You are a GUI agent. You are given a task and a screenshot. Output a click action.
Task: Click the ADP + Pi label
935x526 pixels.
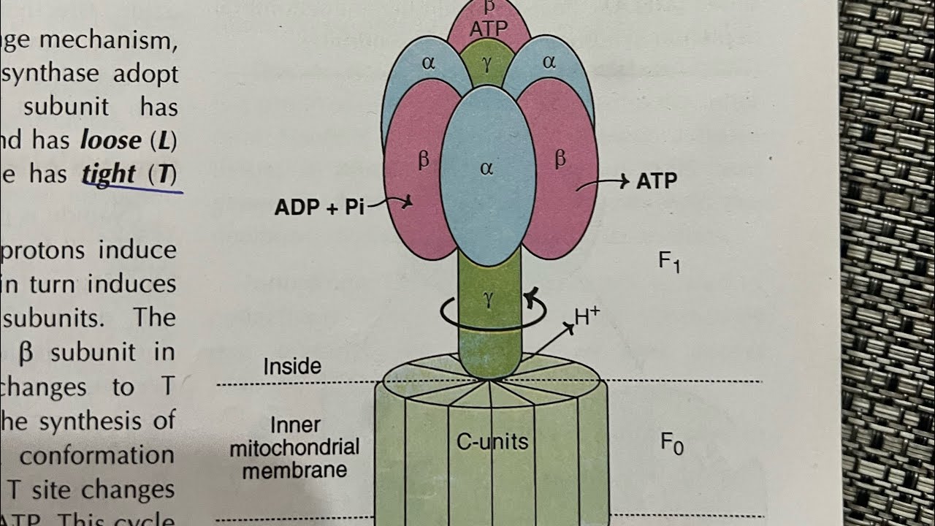click(319, 207)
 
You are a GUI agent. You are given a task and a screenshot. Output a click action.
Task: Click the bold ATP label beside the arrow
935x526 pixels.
click(656, 181)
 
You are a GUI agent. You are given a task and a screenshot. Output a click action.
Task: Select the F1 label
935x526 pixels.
click(669, 261)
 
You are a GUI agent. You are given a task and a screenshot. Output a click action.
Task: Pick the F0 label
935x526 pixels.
click(671, 442)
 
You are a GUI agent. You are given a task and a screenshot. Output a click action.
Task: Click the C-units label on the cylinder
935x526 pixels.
click(492, 441)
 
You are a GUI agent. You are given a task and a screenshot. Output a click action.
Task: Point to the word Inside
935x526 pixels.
click(292, 366)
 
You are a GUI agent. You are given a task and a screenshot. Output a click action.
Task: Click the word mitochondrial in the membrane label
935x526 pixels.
click(294, 447)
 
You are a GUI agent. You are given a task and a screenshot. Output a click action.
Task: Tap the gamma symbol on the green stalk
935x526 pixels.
click(487, 297)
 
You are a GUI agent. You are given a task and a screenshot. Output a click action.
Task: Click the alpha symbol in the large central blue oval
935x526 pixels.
click(487, 169)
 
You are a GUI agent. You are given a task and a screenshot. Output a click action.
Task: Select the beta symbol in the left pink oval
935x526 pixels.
click(423, 160)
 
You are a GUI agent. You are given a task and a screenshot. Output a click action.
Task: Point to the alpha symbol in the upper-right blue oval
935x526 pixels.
click(549, 62)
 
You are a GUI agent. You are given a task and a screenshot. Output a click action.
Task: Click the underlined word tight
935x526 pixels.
click(109, 174)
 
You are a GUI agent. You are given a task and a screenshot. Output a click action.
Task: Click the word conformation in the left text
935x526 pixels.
click(96, 456)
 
